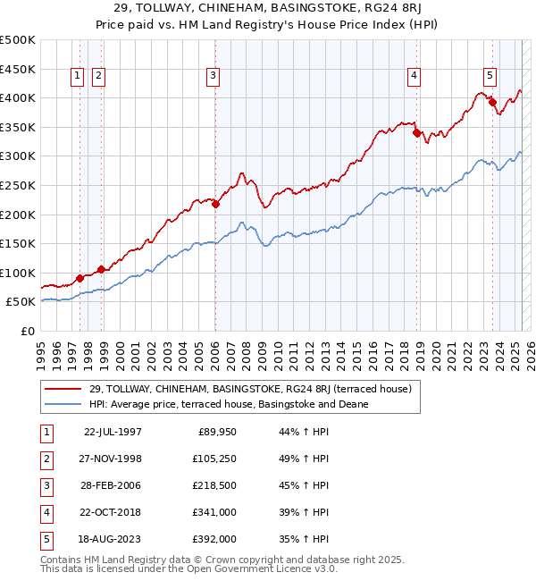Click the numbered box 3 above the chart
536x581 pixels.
click(214, 77)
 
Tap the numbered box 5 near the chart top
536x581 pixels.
click(490, 77)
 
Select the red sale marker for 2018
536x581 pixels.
click(416, 132)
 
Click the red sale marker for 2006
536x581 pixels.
click(215, 204)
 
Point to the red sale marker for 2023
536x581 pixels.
click(492, 102)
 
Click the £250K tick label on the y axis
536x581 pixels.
click(18, 185)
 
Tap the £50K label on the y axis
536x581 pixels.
click(21, 302)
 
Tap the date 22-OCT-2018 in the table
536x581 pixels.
click(113, 512)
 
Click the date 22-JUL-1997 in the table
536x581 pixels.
click(113, 432)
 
